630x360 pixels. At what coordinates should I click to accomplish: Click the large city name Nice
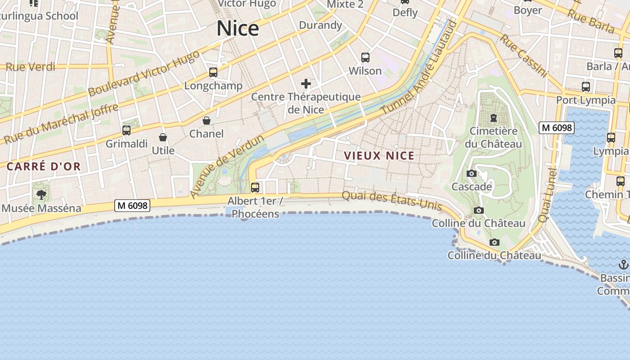point(238,28)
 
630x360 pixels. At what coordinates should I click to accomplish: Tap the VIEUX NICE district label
point(379,156)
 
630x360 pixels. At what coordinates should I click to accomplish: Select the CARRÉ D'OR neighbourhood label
point(44,166)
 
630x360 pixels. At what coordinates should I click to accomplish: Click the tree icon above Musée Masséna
point(41,195)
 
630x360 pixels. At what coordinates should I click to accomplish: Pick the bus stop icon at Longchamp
point(213,72)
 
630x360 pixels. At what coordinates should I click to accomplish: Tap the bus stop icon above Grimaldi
point(126,130)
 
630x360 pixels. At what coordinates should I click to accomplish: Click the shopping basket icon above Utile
point(163,137)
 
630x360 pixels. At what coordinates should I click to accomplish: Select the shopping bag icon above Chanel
point(207,121)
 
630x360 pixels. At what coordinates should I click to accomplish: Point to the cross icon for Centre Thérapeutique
point(306,84)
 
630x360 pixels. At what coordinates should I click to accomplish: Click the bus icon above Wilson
point(365,58)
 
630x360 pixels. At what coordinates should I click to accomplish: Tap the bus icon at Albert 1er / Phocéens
point(255,187)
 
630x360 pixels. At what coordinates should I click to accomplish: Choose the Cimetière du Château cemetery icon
point(494,118)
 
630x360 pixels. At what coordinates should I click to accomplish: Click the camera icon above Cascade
point(472,174)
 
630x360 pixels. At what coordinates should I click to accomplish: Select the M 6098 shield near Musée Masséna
point(132,206)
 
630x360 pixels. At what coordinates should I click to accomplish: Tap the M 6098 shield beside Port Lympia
point(557,128)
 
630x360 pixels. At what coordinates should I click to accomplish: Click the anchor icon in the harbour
point(624,265)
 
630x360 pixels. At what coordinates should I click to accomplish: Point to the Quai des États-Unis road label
point(391,201)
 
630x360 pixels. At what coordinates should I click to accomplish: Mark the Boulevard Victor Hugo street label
point(144,73)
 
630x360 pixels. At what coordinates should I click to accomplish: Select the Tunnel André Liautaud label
point(418,67)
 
